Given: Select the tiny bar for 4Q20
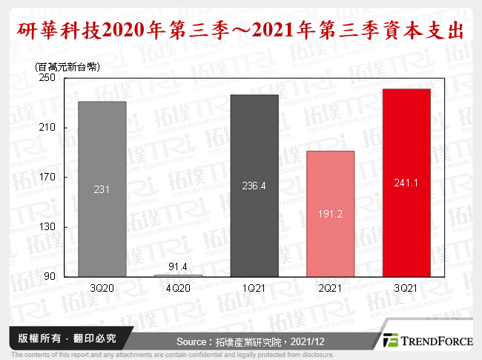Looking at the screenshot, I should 178,275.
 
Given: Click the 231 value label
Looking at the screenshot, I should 102,190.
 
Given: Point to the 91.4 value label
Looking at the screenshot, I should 178,266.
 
